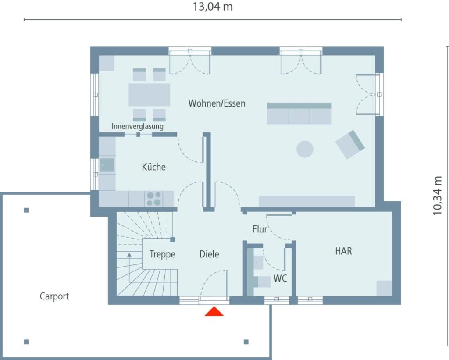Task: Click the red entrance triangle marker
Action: [x=214, y=311]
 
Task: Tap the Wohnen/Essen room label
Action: [x=217, y=103]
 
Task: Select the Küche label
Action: [x=154, y=167]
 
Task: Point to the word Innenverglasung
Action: [x=137, y=126]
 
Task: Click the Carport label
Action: [x=54, y=296]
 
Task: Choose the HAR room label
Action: [x=343, y=251]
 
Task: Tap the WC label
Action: [x=280, y=278]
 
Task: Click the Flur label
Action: [x=260, y=229]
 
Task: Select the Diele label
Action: [x=209, y=254]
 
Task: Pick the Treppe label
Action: [x=162, y=254]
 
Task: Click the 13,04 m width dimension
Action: [x=213, y=7]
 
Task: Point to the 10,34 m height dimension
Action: [x=438, y=196]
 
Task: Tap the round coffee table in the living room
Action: [x=305, y=149]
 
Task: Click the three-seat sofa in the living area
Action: [x=299, y=114]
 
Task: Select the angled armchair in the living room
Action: [x=350, y=145]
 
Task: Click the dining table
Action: [x=149, y=95]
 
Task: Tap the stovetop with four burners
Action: [x=154, y=199]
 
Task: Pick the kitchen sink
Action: [x=107, y=165]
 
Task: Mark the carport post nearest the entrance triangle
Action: [x=246, y=342]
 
